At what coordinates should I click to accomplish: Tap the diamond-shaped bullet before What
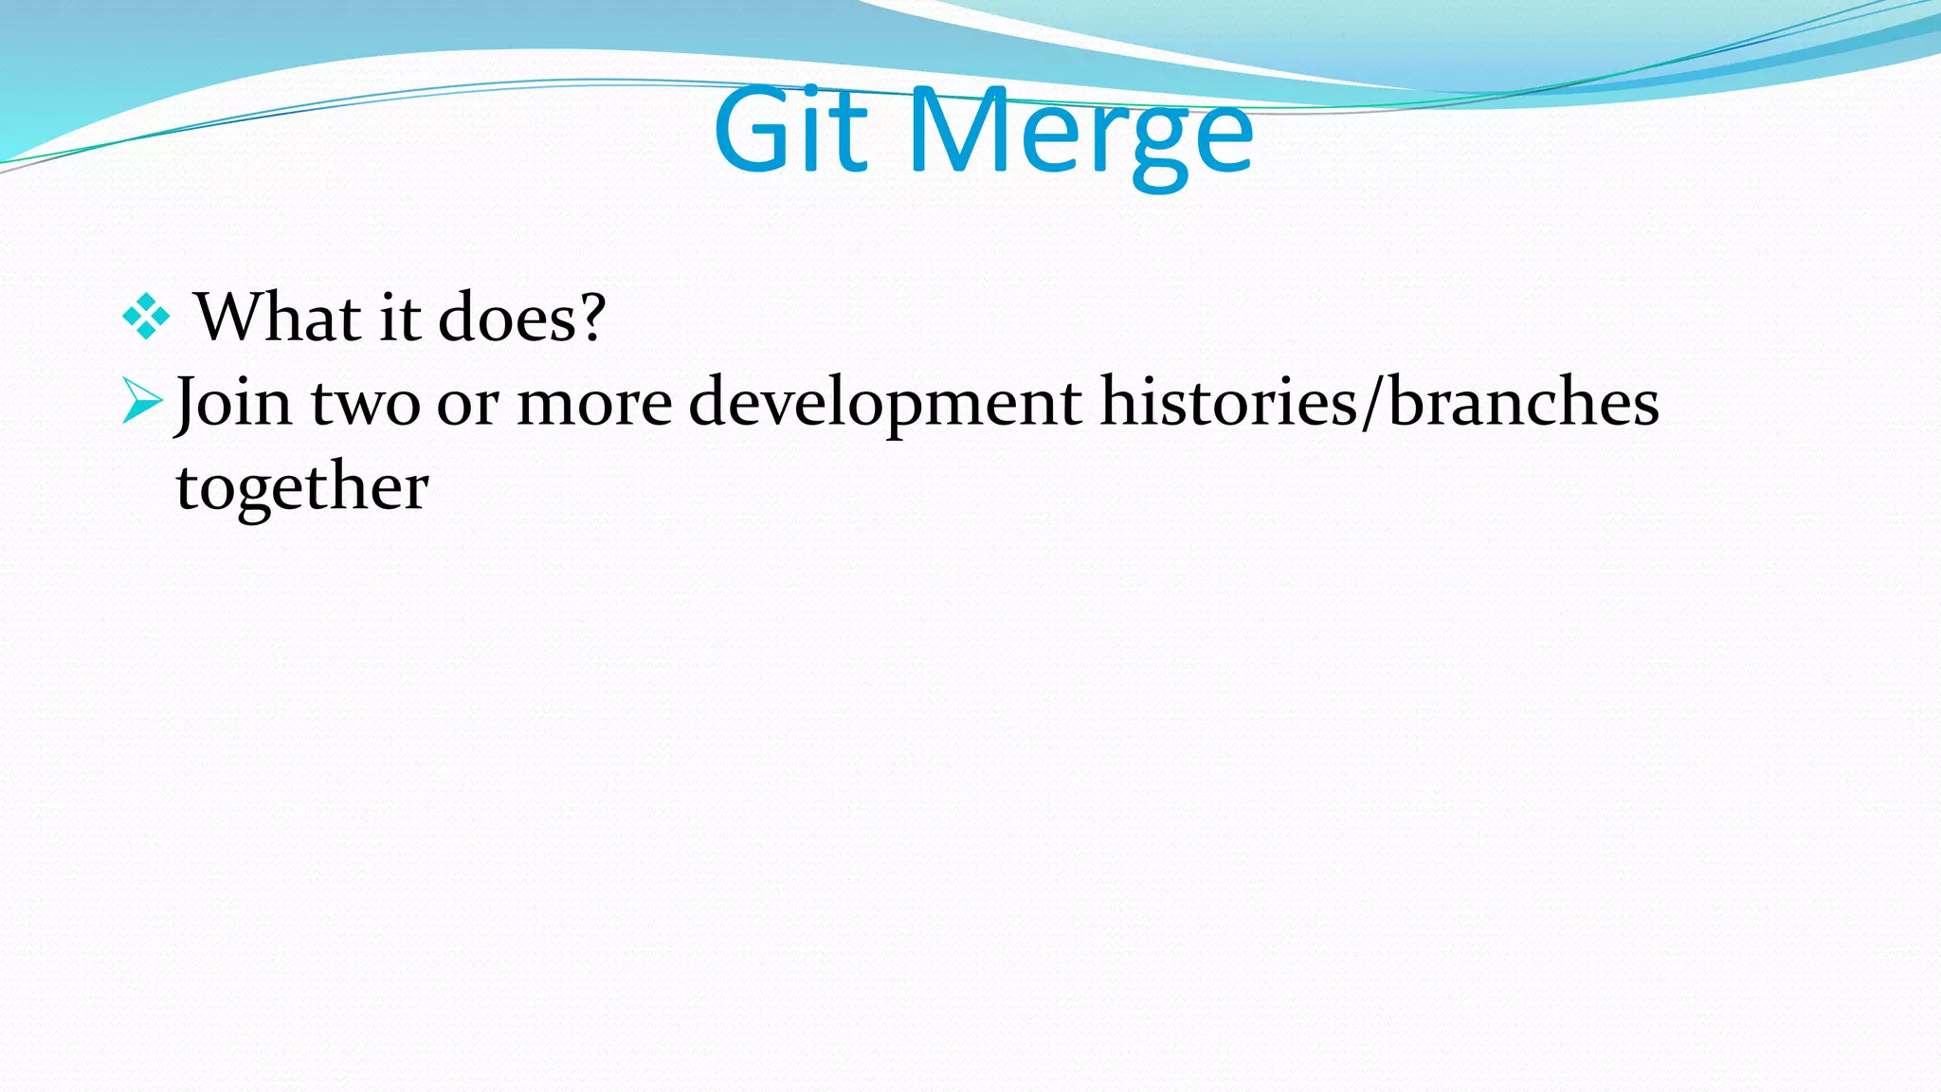[146, 317]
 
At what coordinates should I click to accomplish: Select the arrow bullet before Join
[143, 401]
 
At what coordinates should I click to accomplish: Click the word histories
[1228, 401]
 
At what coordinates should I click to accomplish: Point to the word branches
[1524, 401]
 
